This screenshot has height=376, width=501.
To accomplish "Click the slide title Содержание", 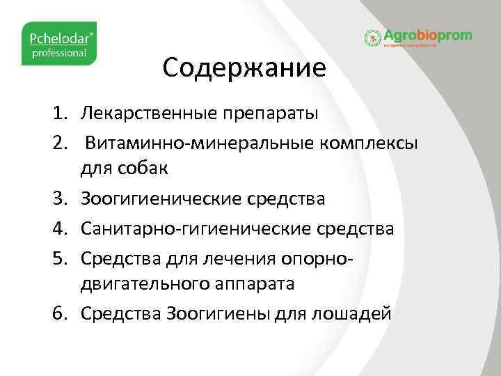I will (x=244, y=68).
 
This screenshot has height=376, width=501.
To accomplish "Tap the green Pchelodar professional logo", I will (x=59, y=44).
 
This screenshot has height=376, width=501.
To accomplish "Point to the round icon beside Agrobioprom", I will (x=373, y=38).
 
